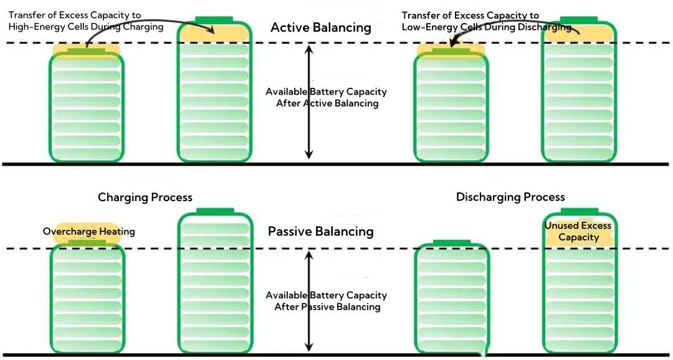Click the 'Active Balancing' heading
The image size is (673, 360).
click(x=320, y=28)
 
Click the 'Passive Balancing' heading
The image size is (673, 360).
click(x=320, y=232)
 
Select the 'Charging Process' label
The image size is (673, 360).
click(x=145, y=197)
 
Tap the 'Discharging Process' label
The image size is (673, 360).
click(x=510, y=197)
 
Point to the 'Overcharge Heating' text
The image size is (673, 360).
click(x=88, y=232)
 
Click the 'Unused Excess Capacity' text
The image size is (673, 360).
click(x=578, y=231)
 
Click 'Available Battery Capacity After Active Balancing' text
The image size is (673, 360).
click(x=327, y=97)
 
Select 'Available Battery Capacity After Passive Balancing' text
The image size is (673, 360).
click(x=327, y=301)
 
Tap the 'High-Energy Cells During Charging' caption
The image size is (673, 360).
click(x=85, y=27)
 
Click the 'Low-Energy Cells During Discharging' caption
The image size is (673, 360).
click(x=486, y=27)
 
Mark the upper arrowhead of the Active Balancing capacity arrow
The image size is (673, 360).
click(x=308, y=49)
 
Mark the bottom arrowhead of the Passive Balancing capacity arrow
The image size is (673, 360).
click(x=308, y=349)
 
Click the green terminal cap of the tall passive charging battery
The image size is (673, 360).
click(x=215, y=212)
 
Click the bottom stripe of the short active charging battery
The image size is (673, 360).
click(x=87, y=153)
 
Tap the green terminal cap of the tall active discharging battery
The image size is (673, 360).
click(x=580, y=21)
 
